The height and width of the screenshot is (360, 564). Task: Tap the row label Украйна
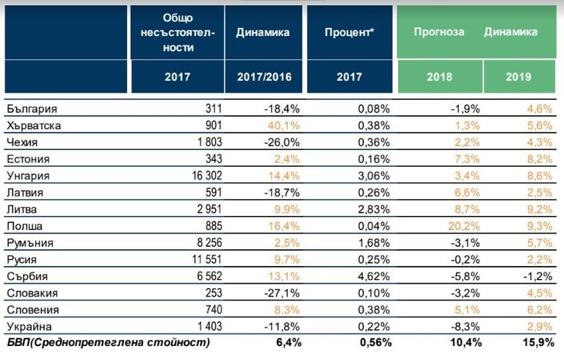coord(26,326)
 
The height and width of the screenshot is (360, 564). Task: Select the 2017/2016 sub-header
coord(263,76)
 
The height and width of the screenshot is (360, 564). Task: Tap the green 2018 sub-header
coord(440,76)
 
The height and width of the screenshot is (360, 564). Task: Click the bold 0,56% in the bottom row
coord(373,342)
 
